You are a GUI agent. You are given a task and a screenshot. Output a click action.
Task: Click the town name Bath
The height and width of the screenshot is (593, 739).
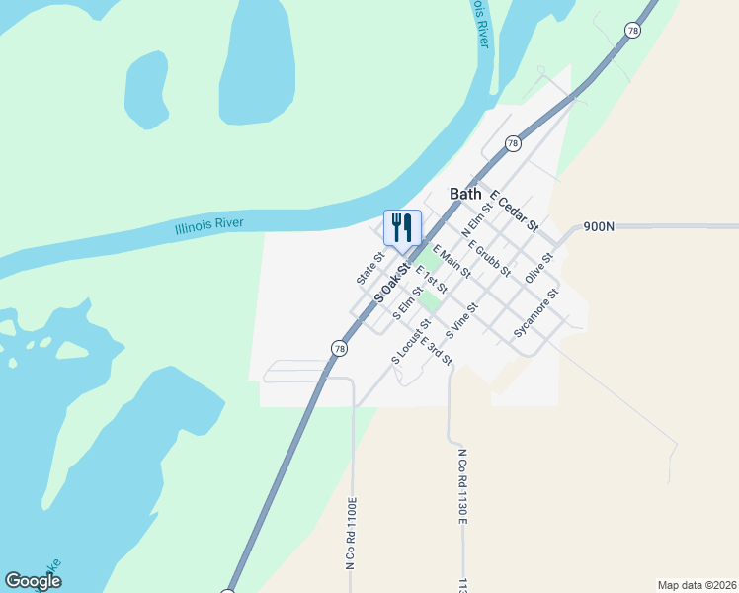[465, 194]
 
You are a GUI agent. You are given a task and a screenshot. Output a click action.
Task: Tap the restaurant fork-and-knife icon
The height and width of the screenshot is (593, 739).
[402, 227]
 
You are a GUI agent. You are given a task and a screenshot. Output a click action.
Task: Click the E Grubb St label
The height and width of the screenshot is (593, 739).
[489, 258]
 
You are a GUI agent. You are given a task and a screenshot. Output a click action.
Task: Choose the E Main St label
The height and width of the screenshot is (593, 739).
[452, 262]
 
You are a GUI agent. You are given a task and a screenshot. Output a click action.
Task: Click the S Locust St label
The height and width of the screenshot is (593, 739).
[411, 341]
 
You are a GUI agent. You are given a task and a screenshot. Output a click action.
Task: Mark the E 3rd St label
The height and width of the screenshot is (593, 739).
[436, 352]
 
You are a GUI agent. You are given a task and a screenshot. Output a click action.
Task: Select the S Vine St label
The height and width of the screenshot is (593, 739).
[461, 321]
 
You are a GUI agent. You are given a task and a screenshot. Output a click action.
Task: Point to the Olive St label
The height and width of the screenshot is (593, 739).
[539, 267]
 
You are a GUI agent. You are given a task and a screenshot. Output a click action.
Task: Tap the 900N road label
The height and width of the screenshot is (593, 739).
[599, 226]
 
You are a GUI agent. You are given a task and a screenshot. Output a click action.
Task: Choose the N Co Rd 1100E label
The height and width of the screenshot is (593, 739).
[350, 534]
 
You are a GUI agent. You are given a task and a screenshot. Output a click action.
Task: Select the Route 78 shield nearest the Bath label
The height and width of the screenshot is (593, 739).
[513, 143]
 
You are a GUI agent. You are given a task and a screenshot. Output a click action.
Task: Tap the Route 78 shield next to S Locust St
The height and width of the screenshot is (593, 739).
[339, 348]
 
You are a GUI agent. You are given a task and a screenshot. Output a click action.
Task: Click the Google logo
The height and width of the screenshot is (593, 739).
[33, 581]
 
